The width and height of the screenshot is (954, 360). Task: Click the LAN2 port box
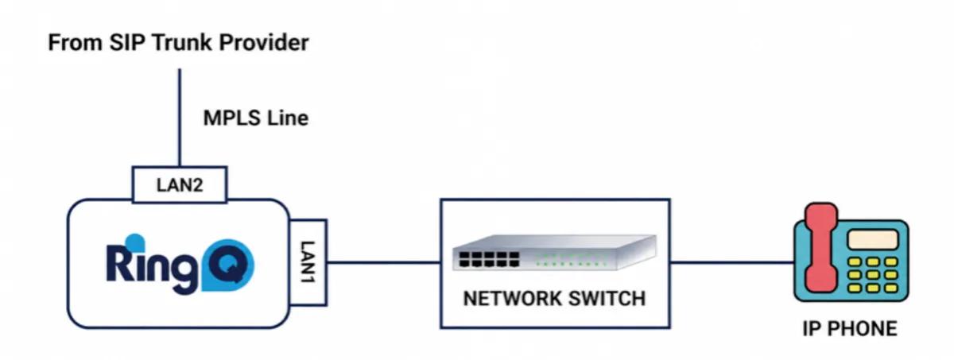pyautogui.click(x=180, y=184)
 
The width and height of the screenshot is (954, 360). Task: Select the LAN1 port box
pyautogui.click(x=308, y=262)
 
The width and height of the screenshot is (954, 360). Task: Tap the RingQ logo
pyautogui.click(x=180, y=264)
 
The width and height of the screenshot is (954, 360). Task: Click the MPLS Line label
pyautogui.click(x=256, y=118)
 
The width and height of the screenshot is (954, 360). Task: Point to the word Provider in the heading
pyautogui.click(x=264, y=43)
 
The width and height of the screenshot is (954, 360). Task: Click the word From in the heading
pyautogui.click(x=76, y=43)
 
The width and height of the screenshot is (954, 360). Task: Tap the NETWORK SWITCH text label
pyautogui.click(x=554, y=298)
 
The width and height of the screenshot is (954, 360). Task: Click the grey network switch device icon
pyautogui.click(x=555, y=253)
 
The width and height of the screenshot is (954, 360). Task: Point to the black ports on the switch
pyautogui.click(x=490, y=259)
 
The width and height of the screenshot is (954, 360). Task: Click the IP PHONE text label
pyautogui.click(x=850, y=328)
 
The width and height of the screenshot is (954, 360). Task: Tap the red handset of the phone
pyautogui.click(x=821, y=248)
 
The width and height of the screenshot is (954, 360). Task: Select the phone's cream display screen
pyautogui.click(x=873, y=239)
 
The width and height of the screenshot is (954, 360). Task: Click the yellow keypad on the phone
pyautogui.click(x=873, y=275)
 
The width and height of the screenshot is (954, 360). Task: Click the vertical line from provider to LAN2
pyautogui.click(x=180, y=118)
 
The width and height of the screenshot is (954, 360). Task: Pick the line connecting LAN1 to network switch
pyautogui.click(x=384, y=262)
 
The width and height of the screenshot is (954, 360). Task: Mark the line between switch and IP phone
pyautogui.click(x=732, y=262)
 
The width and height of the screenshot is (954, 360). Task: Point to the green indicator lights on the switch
pyautogui.click(x=571, y=261)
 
